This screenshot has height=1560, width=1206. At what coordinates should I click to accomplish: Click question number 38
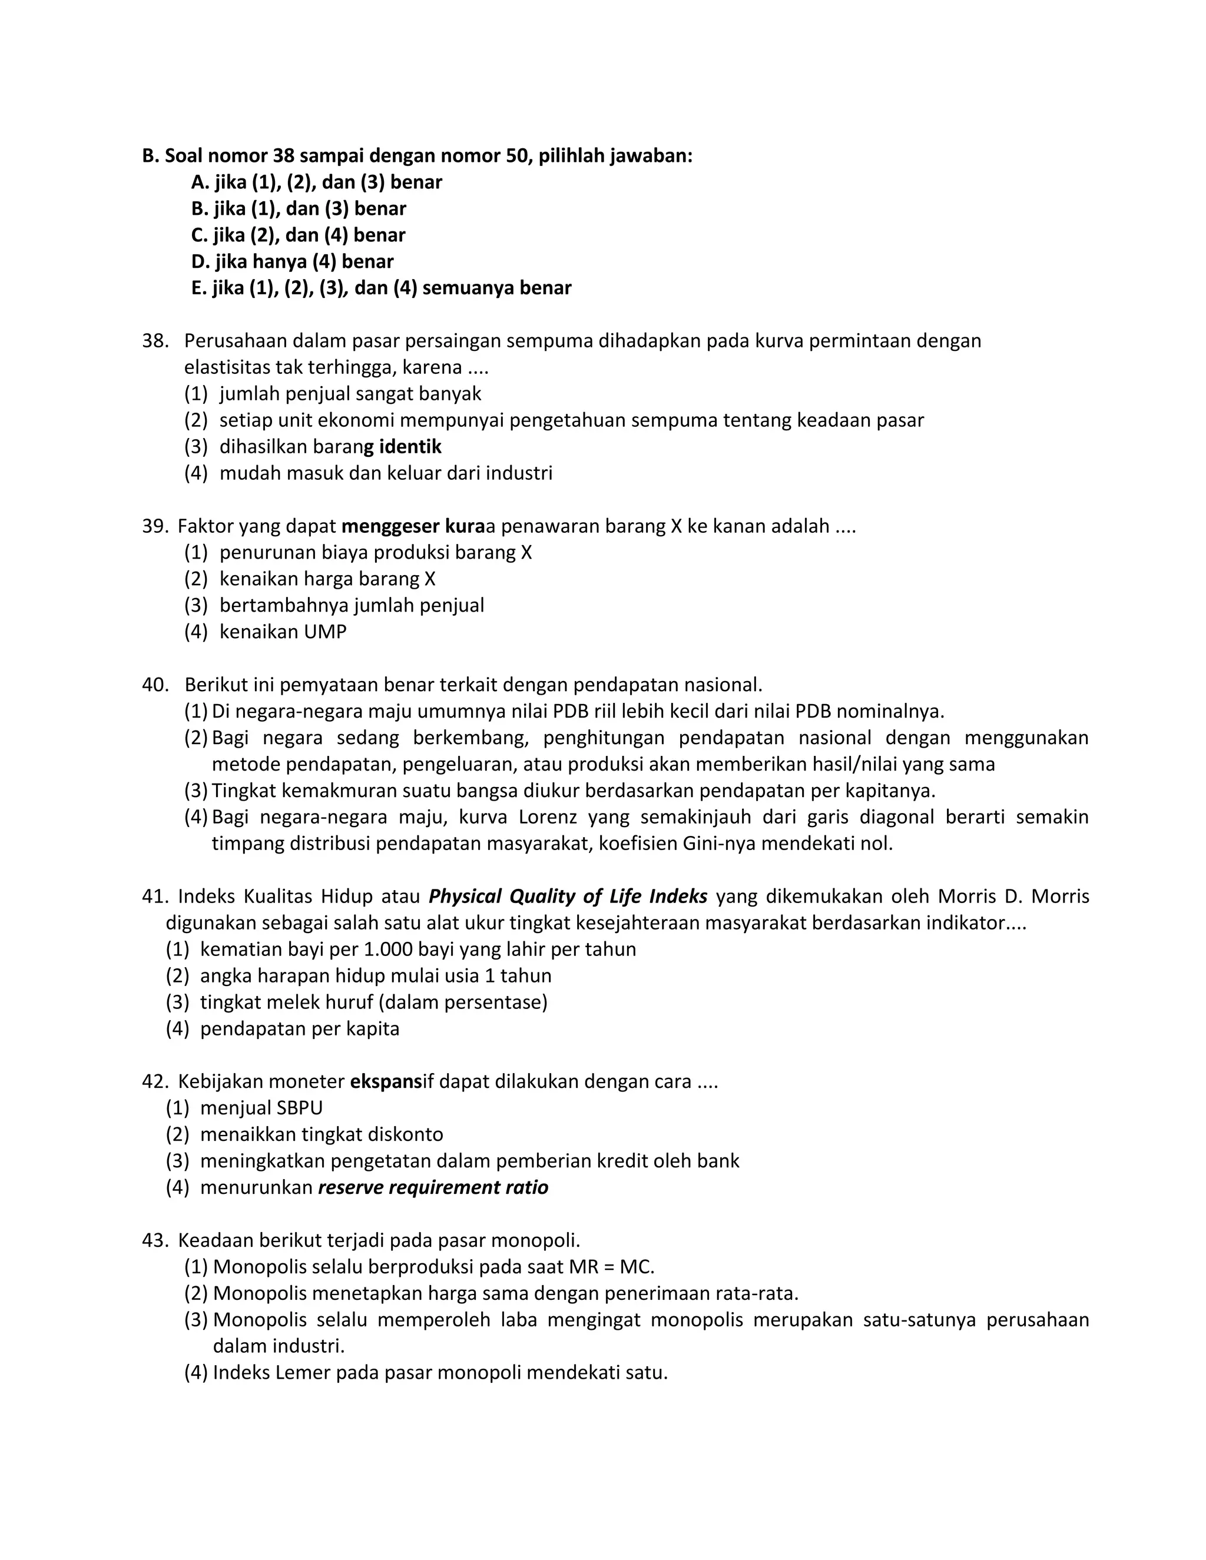(154, 341)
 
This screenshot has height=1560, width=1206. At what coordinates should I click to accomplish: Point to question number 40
(154, 684)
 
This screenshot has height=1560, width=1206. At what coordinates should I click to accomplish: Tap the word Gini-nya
(718, 844)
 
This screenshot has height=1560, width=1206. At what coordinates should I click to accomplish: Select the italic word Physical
(465, 897)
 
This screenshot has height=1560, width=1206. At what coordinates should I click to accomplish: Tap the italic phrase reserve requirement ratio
(433, 1187)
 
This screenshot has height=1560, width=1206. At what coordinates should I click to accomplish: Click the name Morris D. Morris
(1013, 897)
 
